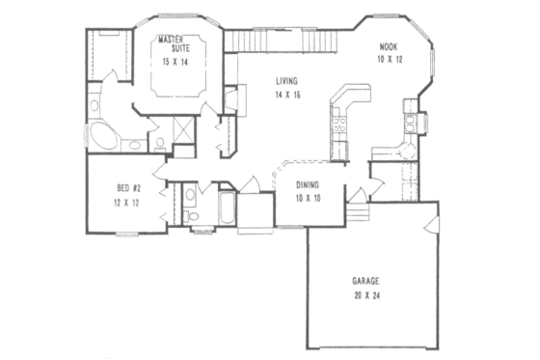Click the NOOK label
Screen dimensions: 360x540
(x=388, y=45)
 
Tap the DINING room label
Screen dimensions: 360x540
(x=309, y=184)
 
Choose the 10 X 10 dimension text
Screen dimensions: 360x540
(x=309, y=198)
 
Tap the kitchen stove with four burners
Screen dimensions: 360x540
(x=339, y=123)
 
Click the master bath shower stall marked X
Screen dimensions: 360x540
(x=179, y=128)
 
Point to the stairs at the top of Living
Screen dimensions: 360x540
(x=283, y=41)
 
